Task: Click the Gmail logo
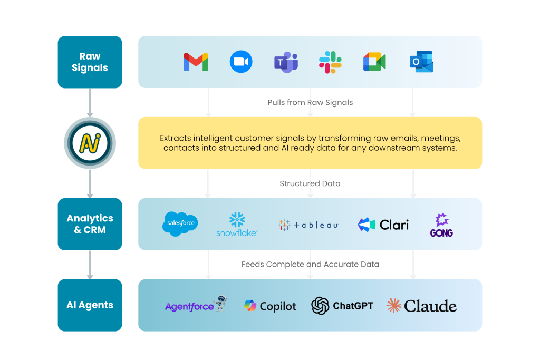[196, 62]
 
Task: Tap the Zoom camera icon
[241, 62]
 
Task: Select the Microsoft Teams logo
[286, 62]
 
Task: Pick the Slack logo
[330, 62]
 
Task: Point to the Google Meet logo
[374, 62]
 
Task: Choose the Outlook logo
[421, 62]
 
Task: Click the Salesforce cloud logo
[180, 223]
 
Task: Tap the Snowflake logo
[237, 224]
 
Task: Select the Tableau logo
[308, 225]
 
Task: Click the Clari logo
[383, 225]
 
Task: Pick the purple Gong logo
[441, 225]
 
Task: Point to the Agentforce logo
[195, 305]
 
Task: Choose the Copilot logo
[270, 306]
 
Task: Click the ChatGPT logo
[342, 306]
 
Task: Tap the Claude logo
[421, 306]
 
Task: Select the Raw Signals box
[90, 62]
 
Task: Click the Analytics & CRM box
[90, 224]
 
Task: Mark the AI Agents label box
[90, 305]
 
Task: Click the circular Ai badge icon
[90, 143]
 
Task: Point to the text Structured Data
[310, 183]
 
